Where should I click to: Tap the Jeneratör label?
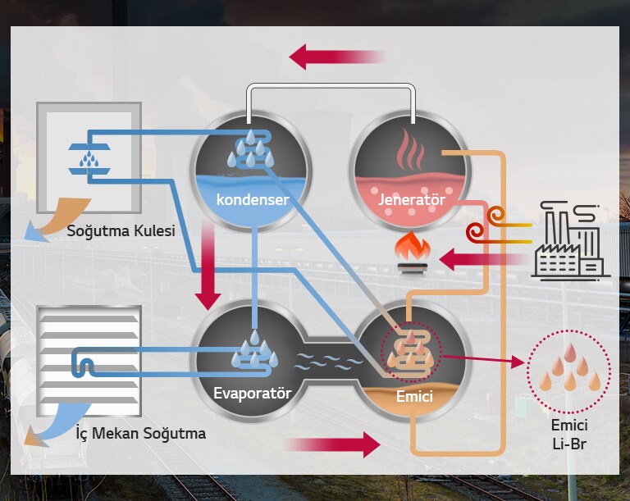click(x=412, y=199)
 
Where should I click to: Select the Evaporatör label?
click(x=253, y=393)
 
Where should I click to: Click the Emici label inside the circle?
click(x=414, y=397)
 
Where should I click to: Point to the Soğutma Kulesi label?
click(x=121, y=231)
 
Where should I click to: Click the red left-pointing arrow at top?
click(x=337, y=57)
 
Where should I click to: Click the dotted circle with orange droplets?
click(x=568, y=372)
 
